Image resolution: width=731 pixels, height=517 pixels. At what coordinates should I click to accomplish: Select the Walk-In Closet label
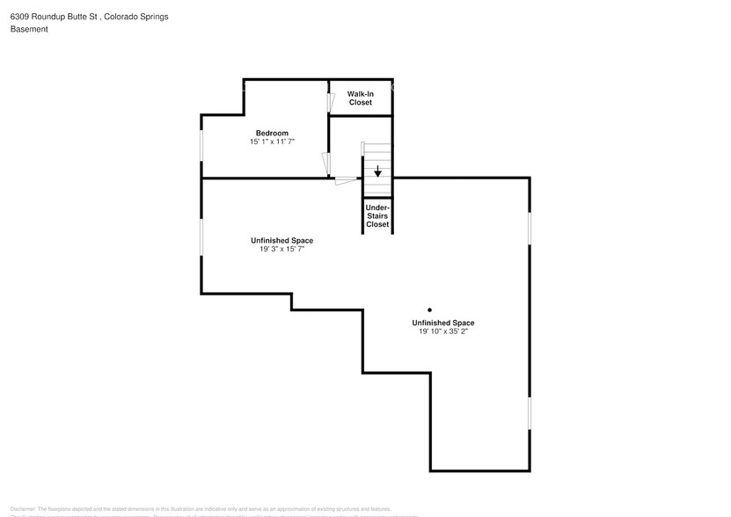click(x=360, y=98)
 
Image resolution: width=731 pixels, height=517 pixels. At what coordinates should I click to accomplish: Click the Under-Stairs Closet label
click(x=377, y=215)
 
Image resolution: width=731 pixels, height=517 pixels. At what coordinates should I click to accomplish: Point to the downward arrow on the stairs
click(x=377, y=171)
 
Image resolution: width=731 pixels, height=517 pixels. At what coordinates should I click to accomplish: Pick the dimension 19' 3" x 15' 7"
click(x=281, y=249)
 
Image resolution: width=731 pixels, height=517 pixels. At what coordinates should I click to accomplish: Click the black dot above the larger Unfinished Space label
click(x=430, y=309)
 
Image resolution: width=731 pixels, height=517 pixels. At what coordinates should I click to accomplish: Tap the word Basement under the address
click(x=29, y=29)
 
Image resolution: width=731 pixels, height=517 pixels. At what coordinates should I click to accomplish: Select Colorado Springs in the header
click(x=137, y=16)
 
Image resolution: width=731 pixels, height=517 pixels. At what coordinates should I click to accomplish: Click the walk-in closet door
click(x=331, y=102)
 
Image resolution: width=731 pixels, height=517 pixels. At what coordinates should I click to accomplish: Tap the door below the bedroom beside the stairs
click(x=347, y=181)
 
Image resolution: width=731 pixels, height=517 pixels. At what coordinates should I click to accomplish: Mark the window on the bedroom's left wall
click(x=201, y=145)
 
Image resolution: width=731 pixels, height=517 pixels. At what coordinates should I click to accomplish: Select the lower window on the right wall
click(x=530, y=412)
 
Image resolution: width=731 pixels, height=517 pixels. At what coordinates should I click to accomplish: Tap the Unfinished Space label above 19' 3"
click(x=281, y=240)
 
